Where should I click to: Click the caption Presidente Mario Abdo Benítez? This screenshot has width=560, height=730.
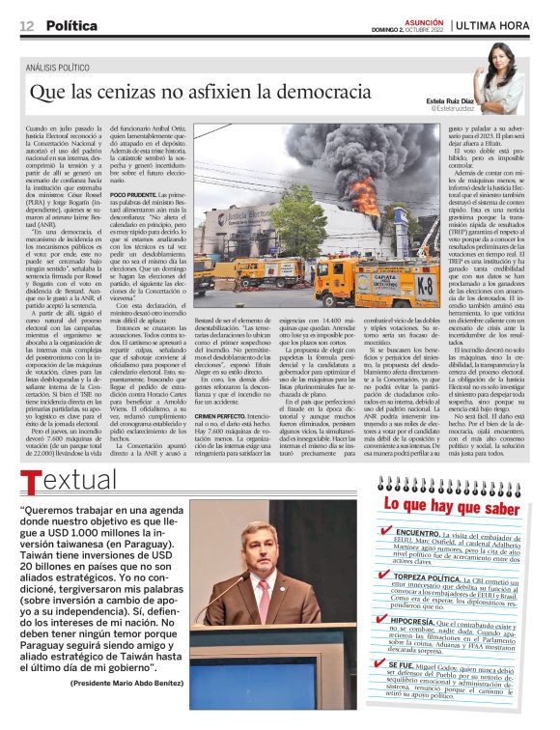coord(127,682)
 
